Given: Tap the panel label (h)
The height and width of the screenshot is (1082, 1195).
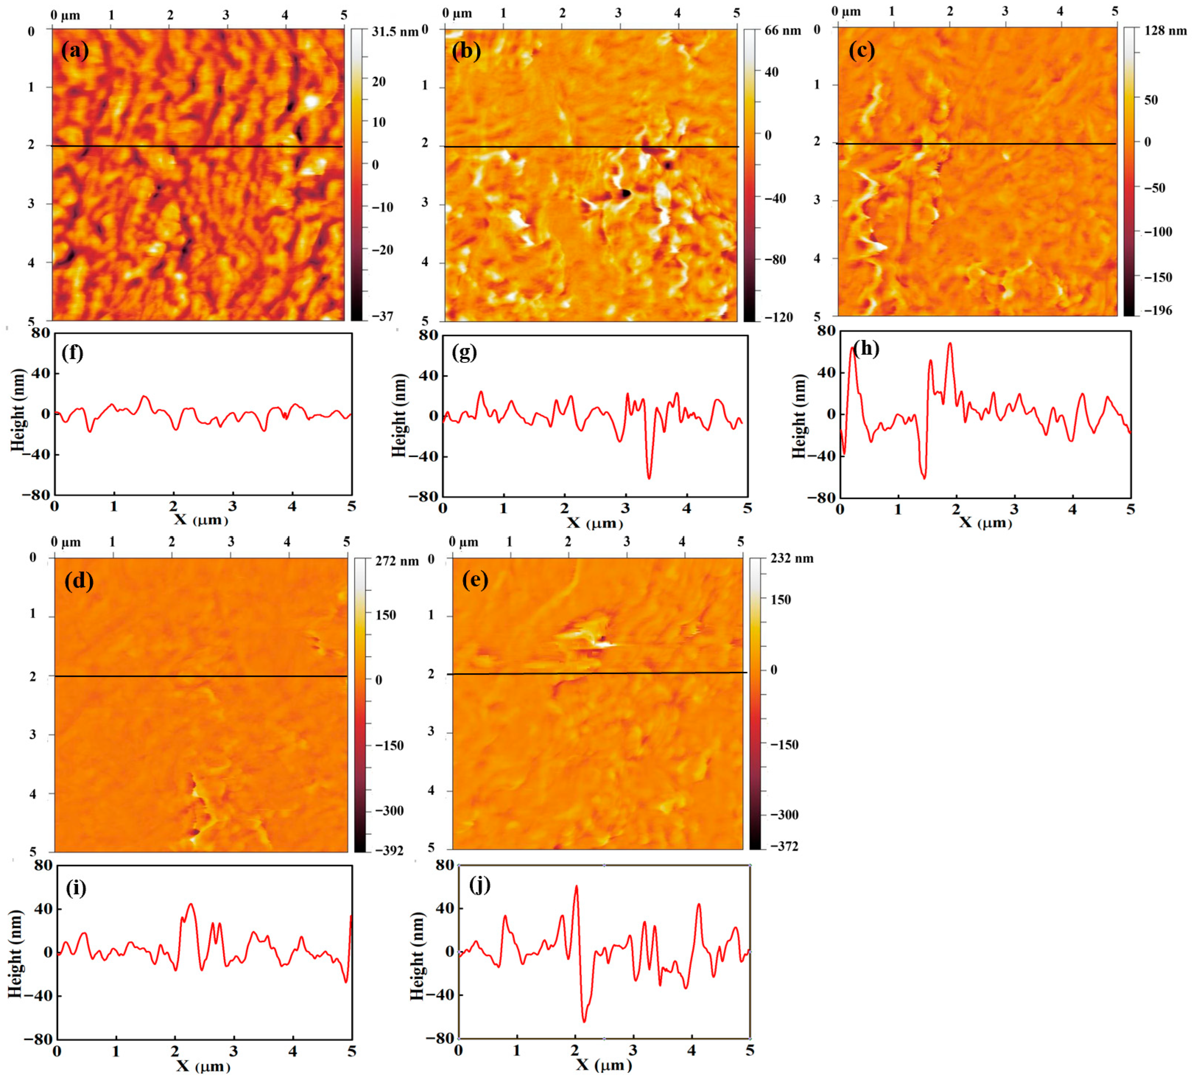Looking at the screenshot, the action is (x=866, y=349).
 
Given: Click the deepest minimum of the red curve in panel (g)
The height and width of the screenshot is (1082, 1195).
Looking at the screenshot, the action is (x=649, y=478).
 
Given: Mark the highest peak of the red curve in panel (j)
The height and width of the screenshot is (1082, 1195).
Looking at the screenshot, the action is (x=576, y=886).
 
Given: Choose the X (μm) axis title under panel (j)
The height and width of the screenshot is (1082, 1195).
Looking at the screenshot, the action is (x=604, y=1064).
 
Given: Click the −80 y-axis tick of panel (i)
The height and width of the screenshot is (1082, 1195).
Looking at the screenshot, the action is (x=39, y=1039).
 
